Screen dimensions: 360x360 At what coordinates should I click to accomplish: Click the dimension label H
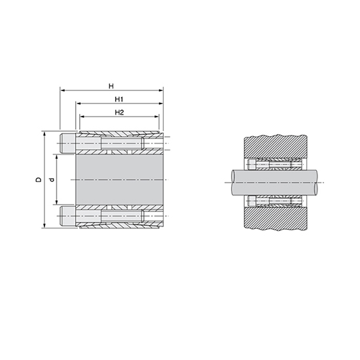click(111, 86)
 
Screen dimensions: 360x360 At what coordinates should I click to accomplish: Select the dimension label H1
click(119, 99)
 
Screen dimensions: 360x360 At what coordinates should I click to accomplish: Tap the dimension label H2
click(119, 113)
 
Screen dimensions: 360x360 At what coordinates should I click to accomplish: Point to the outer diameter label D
click(39, 179)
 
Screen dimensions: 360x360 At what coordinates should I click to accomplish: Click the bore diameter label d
click(52, 179)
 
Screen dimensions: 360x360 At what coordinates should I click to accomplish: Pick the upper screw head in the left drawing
click(67, 143)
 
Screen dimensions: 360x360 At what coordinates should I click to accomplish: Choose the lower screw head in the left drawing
click(67, 216)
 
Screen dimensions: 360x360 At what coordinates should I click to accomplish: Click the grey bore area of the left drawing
click(119, 179)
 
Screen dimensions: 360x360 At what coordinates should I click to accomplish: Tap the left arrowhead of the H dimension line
click(62, 90)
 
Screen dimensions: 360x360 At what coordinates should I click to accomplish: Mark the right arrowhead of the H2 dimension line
click(156, 117)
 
